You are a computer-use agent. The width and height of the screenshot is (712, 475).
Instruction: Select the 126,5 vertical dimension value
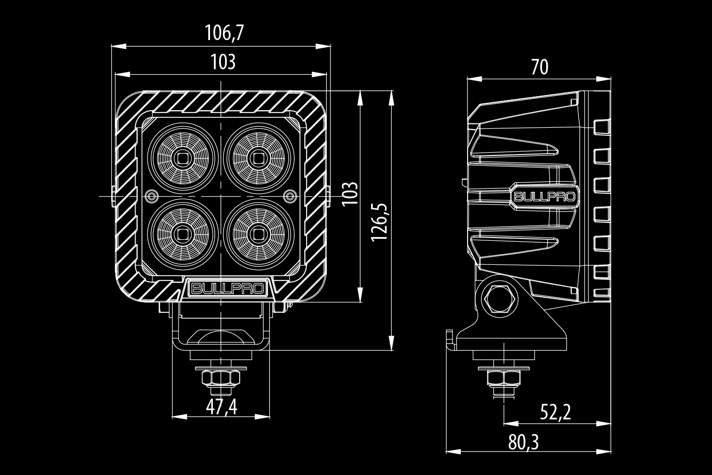coord(380,222)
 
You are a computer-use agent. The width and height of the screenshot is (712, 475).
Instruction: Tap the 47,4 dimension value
coord(221,407)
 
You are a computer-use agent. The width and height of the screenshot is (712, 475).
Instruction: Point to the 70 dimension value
coord(540,68)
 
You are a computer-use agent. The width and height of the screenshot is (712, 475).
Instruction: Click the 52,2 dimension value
coord(555,413)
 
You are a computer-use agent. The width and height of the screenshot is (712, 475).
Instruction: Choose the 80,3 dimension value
coord(524,442)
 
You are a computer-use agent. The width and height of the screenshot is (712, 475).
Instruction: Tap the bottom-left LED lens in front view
coord(183,233)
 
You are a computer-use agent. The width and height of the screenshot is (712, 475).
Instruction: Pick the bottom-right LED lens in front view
coord(258,233)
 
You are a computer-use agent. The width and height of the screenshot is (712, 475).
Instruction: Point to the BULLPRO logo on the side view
coord(543,197)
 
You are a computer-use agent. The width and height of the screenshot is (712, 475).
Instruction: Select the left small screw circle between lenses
coord(152,195)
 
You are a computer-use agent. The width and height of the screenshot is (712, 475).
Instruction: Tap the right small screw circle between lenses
coord(291,195)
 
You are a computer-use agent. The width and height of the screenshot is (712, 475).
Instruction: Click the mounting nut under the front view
coord(221,377)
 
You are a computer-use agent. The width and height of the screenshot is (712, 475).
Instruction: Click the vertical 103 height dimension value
coord(349,193)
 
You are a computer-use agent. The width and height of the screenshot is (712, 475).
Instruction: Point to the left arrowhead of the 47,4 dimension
coord(177,417)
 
